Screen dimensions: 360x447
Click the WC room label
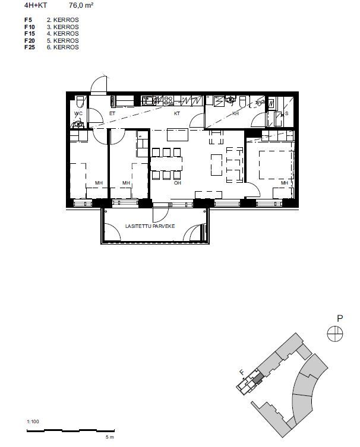point(78,113)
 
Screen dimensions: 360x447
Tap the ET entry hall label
point(112,113)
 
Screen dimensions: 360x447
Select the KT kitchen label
point(177,113)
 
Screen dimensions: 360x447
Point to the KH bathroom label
point(235,113)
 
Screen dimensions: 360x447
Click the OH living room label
point(178,183)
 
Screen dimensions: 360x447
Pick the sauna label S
point(286,113)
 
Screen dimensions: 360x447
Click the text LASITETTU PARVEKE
point(150,226)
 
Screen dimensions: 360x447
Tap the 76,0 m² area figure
point(81,5)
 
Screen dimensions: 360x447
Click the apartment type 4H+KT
point(36,5)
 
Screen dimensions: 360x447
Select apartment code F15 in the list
point(30,34)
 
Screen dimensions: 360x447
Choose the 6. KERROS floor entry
point(63,47)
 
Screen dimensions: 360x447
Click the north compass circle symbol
point(335,334)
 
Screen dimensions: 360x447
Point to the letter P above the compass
point(339,318)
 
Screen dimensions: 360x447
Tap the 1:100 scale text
point(33,421)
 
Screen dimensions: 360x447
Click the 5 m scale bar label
point(110,437)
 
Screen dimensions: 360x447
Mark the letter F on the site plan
point(242,372)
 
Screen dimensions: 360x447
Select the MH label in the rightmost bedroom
point(285,183)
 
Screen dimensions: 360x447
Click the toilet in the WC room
point(80,101)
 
